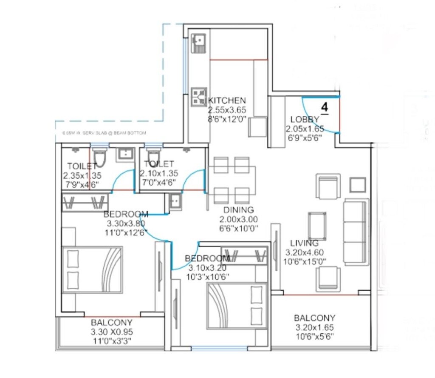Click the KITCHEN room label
pos(227,100)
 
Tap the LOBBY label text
pos(305,119)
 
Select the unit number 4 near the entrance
pos(325,107)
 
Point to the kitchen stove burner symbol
pos(198,97)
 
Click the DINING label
pos(239,210)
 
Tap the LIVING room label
pos(304,243)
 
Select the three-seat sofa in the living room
pos(355,232)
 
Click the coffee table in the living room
pos(317,226)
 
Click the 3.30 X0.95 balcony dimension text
pos(111,332)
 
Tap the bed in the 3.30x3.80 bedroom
pos(93,269)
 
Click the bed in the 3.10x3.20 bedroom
pos(237,306)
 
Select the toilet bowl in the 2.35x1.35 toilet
pos(100,157)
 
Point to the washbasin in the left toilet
pos(125,155)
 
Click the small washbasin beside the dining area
pos(175,202)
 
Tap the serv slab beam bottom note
pos(104,133)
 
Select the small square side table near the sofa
pos(358,185)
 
